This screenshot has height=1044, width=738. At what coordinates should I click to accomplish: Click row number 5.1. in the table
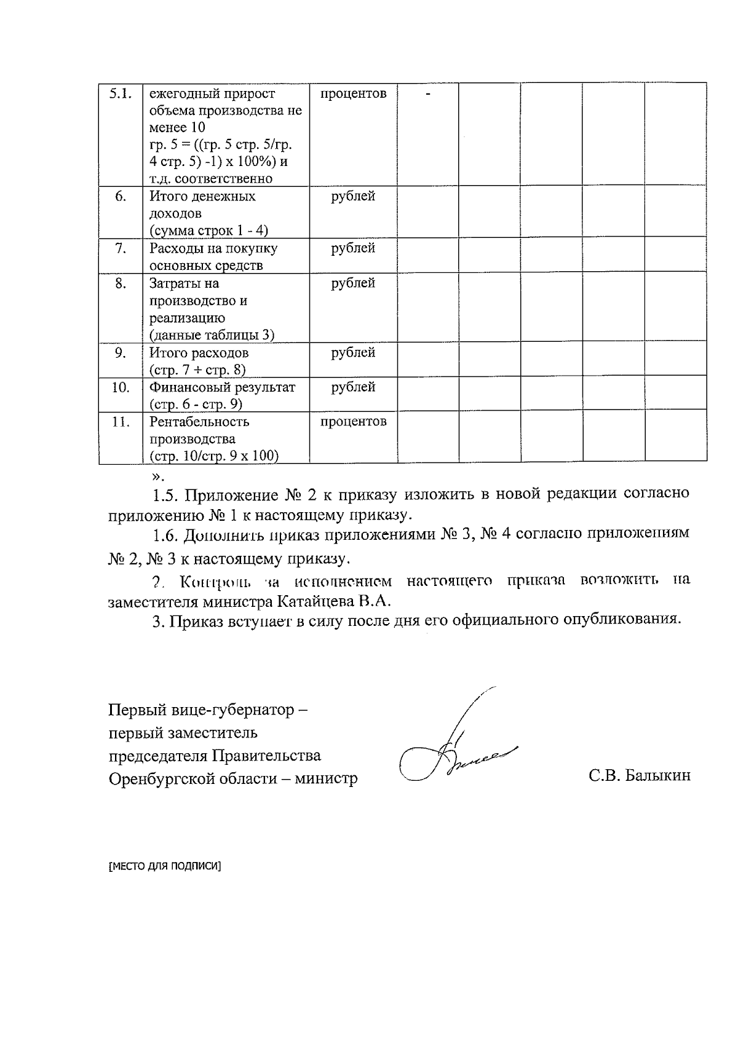coord(120,94)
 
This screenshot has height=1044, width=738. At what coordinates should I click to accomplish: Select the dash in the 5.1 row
coord(428,93)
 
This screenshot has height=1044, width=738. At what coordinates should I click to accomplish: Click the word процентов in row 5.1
coord(353,93)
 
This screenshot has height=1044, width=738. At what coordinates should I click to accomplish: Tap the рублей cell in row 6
coord(353,196)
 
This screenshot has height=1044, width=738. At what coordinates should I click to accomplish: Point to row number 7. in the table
coord(121,248)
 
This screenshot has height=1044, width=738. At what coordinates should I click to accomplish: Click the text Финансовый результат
coord(222,387)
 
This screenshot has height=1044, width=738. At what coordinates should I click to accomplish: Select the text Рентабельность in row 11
coord(199,422)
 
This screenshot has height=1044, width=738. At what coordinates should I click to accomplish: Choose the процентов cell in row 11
coord(353,422)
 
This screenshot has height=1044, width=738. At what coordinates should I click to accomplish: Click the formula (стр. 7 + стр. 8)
coord(197,370)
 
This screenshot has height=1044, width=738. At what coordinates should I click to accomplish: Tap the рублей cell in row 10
coord(353,387)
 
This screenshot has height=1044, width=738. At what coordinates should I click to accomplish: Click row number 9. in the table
coord(121,353)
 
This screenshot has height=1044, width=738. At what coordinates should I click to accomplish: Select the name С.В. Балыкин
coord(639,775)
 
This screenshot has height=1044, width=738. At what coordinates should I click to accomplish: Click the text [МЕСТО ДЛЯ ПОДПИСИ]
coord(164,866)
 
